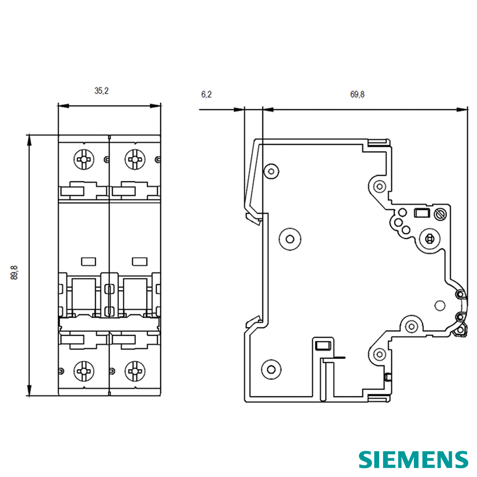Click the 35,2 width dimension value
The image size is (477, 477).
pyautogui.click(x=101, y=91)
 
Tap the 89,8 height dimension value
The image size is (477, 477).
pyautogui.click(x=15, y=273)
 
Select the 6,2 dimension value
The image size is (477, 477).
pyautogui.click(x=206, y=95)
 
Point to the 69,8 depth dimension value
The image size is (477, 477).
pyautogui.click(x=357, y=95)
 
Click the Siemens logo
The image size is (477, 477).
pyautogui.click(x=413, y=460)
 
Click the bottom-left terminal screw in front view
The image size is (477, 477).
pyautogui.click(x=84, y=371)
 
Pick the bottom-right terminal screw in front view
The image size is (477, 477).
pyautogui.click(x=135, y=371)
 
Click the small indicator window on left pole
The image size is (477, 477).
pyautogui.click(x=88, y=261)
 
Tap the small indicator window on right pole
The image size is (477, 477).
pyautogui.click(x=139, y=261)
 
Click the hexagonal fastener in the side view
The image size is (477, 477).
pyautogui.click(x=429, y=238)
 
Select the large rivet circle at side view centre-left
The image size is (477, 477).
pyautogui.click(x=290, y=238)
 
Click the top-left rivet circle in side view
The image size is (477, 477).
pyautogui.click(x=271, y=172)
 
